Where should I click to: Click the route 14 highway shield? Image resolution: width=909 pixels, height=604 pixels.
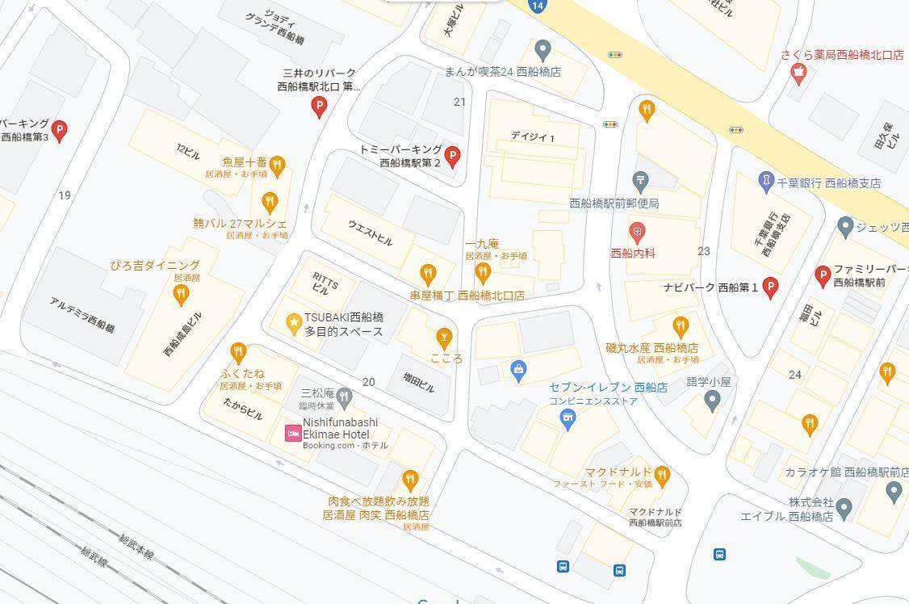538,6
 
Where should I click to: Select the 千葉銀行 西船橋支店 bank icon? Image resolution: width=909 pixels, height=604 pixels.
766,182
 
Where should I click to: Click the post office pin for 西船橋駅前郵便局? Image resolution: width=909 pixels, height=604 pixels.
640,179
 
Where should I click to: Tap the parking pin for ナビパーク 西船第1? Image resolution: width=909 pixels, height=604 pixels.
770,287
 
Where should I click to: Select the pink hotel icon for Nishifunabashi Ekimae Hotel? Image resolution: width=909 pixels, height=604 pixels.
293,434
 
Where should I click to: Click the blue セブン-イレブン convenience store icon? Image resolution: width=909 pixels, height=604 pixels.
568,418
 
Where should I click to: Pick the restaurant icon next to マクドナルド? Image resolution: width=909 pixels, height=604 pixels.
662,475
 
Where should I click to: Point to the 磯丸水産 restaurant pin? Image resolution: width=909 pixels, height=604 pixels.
681,326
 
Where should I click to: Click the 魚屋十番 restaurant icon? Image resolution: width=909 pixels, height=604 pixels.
277,166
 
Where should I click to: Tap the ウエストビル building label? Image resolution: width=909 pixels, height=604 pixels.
370,232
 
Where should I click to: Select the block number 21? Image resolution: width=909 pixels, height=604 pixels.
460,102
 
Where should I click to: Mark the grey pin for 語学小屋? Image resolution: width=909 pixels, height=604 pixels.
712,399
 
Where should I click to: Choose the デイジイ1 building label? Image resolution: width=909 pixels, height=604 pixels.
533,136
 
